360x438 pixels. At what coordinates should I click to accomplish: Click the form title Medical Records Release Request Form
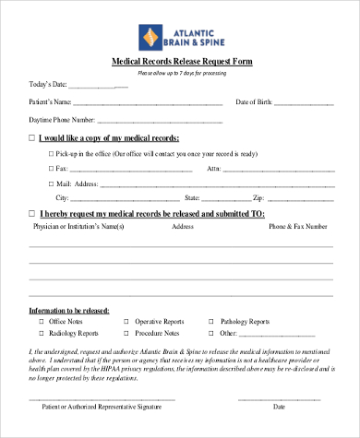coord(180,61)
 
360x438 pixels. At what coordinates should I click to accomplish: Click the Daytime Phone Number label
coord(64,120)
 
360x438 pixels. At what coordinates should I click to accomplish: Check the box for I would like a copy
coord(33,137)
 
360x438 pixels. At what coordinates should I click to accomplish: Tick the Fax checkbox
coord(51,169)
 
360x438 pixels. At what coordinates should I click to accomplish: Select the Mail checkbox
coord(51,183)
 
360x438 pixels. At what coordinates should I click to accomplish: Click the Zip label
coord(258,198)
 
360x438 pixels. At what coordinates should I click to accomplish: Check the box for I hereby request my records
coord(33,213)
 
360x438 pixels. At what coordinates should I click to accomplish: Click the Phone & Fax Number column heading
coord(297,226)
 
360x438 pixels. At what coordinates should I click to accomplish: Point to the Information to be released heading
coord(68,310)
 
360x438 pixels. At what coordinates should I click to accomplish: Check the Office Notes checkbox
coord(42,322)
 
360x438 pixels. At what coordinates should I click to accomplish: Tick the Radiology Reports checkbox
coord(42,334)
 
